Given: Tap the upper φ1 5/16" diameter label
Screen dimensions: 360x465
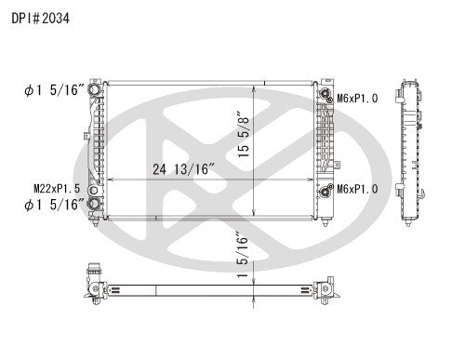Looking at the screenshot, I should [54, 90].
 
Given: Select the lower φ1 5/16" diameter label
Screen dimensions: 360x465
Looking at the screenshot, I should [54, 205].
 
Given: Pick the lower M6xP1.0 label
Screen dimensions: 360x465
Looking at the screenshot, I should [357, 189].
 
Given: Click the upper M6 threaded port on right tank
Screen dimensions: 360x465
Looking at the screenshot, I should [325, 93].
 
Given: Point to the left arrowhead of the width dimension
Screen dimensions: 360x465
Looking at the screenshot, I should [110, 179].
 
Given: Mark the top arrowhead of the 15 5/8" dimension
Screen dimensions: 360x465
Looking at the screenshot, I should [256, 85].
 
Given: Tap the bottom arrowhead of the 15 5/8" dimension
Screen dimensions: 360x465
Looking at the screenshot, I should [256, 215].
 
